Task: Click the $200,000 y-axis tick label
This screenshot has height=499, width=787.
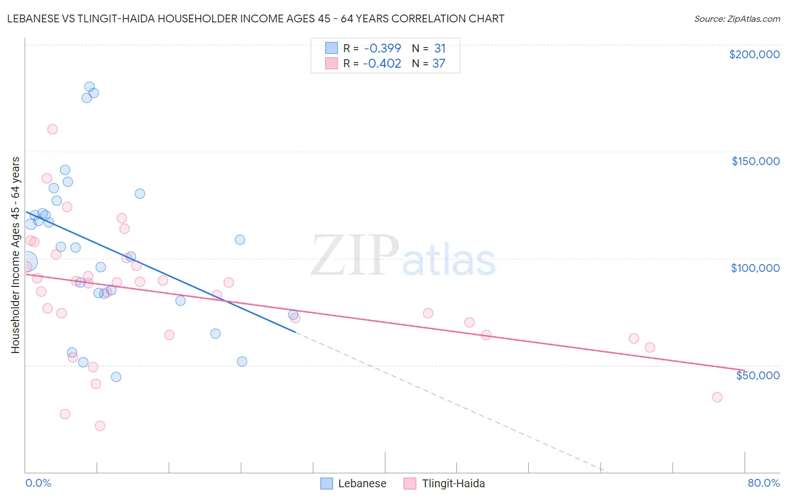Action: coord(754,54)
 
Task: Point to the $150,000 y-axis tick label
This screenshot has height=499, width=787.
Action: coord(755,161)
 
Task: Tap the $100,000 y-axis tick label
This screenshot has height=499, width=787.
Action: coord(755,268)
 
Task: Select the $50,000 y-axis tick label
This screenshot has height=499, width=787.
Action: coord(757,375)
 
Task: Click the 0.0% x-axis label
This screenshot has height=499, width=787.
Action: coord(38,483)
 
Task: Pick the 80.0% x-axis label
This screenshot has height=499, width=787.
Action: coord(763,483)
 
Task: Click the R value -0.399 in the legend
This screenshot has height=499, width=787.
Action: coord(382,48)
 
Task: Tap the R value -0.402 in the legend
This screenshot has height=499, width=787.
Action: coord(382,63)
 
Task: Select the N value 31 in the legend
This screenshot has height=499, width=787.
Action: coord(439,48)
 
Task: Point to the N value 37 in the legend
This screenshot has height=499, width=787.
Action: coord(438,63)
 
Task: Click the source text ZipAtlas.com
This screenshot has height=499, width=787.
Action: coord(737,18)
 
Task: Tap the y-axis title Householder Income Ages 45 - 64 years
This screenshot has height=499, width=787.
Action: coord(15,255)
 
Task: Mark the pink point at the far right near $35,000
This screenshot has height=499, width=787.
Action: coord(716,397)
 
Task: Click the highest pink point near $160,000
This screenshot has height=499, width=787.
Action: coord(52,129)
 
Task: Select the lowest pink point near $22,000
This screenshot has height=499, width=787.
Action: coord(100,426)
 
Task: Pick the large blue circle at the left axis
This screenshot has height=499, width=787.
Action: coord(26,261)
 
